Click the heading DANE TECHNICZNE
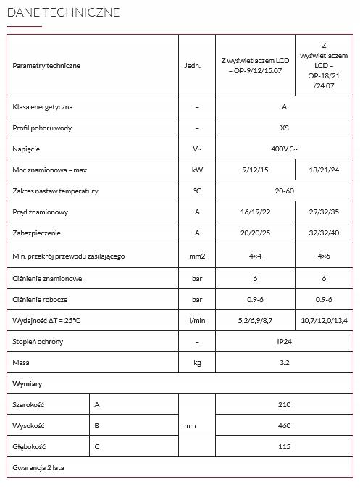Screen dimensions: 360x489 (x=63, y=13)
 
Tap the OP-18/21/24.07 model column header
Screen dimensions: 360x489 (x=324, y=65)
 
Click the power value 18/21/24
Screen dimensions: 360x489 (x=324, y=170)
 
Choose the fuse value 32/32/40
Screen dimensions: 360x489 (x=324, y=233)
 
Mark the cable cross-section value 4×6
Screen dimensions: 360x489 (x=324, y=256)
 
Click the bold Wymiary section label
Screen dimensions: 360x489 (x=28, y=383)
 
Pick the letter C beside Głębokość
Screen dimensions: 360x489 (x=97, y=447)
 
